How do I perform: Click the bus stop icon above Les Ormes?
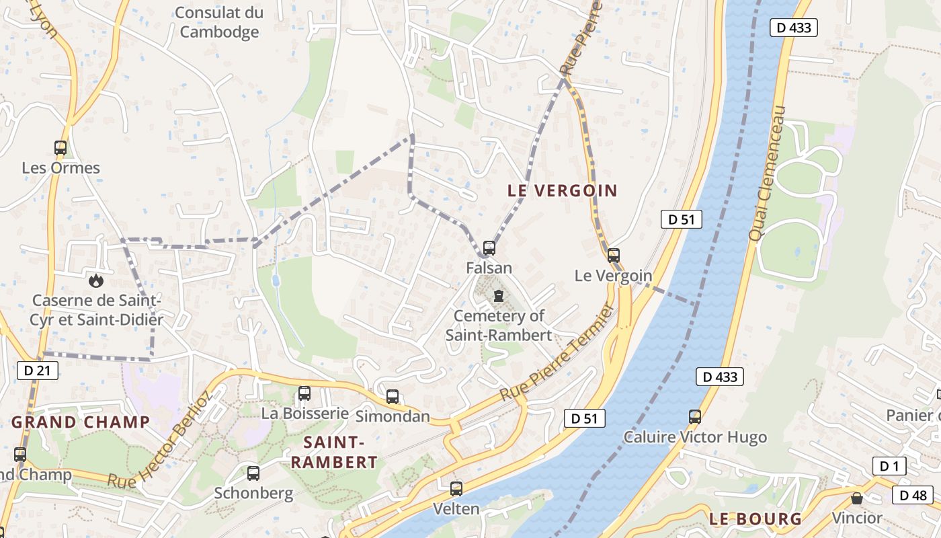click(x=60, y=148)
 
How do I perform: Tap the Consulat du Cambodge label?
click(x=219, y=22)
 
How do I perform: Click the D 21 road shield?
click(x=38, y=371)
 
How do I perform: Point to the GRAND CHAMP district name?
click(x=81, y=422)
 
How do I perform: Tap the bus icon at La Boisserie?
click(x=304, y=393)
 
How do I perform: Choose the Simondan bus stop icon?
click(x=393, y=397)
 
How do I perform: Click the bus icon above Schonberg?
click(x=253, y=473)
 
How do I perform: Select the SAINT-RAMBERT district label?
click(x=334, y=452)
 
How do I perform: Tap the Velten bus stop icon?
click(x=456, y=489)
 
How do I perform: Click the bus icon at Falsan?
click(x=489, y=248)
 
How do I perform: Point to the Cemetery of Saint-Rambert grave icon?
click(x=498, y=296)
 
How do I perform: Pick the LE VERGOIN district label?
click(x=563, y=190)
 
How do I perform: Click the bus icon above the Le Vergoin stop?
click(x=613, y=256)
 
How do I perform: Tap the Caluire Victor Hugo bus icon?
click(x=695, y=417)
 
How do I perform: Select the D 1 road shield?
click(x=889, y=465)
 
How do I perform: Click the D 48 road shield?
click(x=913, y=496)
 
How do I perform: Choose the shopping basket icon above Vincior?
click(x=857, y=498)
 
